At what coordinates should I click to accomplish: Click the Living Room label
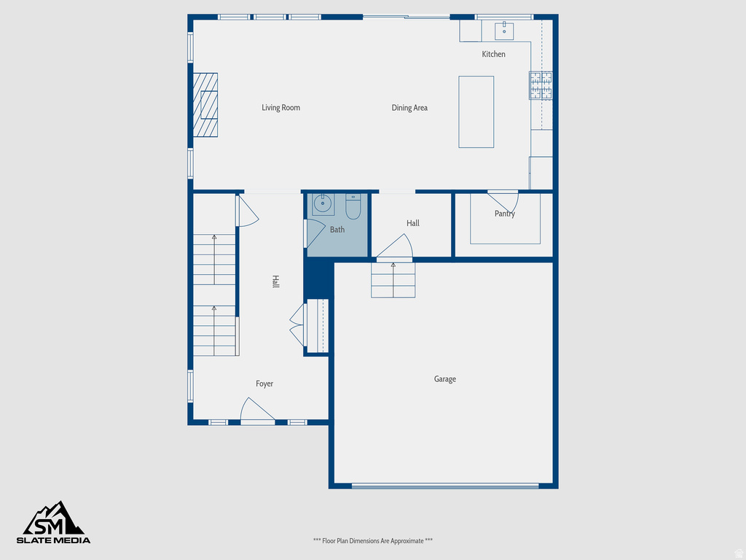coord(280,108)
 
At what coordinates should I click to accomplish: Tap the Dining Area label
coord(409,108)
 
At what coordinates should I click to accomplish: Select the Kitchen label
coord(493,54)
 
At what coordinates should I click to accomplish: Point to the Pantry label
coord(504,214)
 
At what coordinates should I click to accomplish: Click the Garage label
coord(445,379)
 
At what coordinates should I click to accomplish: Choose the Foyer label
coord(264,384)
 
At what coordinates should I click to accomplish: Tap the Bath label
coord(337,230)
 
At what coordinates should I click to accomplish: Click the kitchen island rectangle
coord(476,112)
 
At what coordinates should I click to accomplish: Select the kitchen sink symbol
coord(504,31)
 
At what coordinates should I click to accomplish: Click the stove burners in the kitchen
coord(541,85)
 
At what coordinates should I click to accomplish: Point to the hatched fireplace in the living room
coord(205,104)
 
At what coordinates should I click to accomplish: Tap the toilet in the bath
coord(353,206)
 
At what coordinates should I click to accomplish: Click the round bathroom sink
coord(323,204)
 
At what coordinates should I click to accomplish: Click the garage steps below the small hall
coord(393,280)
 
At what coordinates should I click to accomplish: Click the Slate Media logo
coord(54,523)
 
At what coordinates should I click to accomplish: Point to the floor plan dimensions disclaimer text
coord(373,541)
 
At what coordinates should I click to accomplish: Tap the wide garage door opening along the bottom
coord(445,486)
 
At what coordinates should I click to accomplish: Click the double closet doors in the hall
coord(297,325)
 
